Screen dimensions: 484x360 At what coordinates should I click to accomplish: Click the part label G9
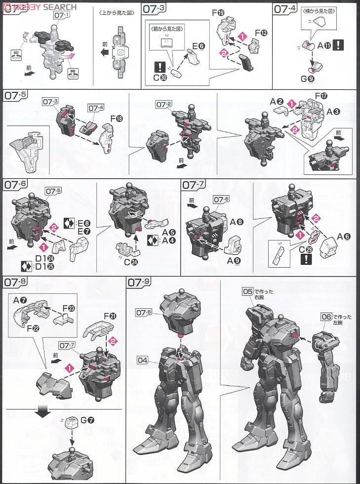313,79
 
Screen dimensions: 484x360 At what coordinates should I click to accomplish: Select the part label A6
344,237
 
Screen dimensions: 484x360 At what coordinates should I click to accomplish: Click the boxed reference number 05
247,291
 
